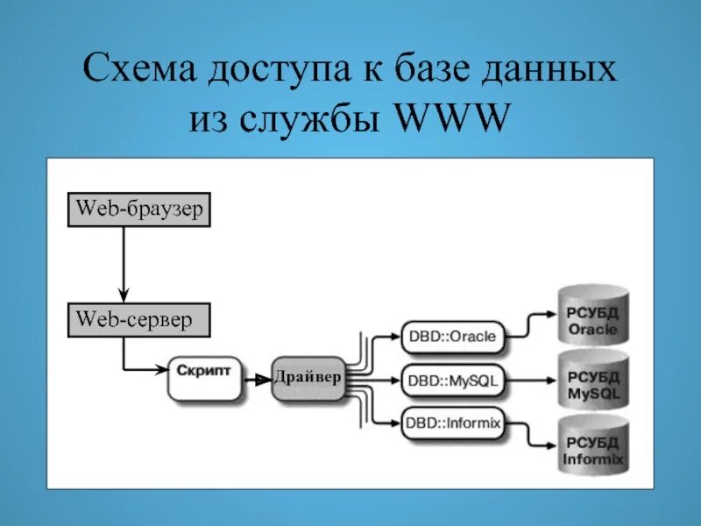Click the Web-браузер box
pyautogui.click(x=139, y=210)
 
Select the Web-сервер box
pyautogui.click(x=139, y=319)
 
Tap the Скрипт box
pyautogui.click(x=202, y=376)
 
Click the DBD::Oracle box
pyautogui.click(x=452, y=336)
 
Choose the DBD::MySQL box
pyautogui.click(x=452, y=380)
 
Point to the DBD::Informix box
pyautogui.click(x=452, y=423)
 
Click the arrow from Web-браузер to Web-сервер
pyautogui.click(x=124, y=263)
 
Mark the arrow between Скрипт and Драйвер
pyautogui.click(x=255, y=379)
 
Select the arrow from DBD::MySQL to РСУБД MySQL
pyautogui.click(x=530, y=380)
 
